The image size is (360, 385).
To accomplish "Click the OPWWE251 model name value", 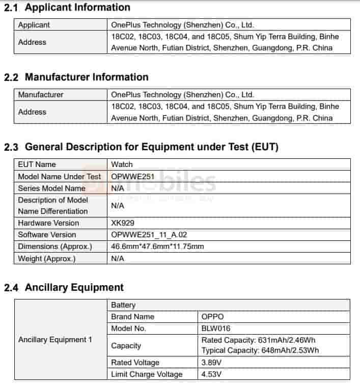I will click(133, 177).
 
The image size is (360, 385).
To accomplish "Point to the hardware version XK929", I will click(123, 223).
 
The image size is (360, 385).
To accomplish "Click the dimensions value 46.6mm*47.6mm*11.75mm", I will click(157, 246).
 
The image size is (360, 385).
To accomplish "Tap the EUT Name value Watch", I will click(122, 164).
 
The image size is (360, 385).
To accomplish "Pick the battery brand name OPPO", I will click(212, 317).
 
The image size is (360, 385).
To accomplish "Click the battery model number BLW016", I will click(216, 328).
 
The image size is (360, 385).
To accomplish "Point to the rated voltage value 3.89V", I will click(212, 363).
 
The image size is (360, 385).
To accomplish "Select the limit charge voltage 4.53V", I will click(212, 374).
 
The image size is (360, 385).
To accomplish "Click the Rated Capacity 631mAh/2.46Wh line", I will click(260, 340).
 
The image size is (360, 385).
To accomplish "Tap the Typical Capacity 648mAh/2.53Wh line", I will click(260, 350).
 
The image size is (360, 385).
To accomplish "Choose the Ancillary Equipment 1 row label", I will click(55, 340).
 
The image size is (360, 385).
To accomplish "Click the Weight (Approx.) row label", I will click(46, 258).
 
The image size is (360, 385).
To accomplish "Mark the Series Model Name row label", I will click(51, 188).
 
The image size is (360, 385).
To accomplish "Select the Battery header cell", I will click(123, 305).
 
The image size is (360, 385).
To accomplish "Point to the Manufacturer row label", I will click(41, 95).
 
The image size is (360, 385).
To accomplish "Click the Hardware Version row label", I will click(48, 223).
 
